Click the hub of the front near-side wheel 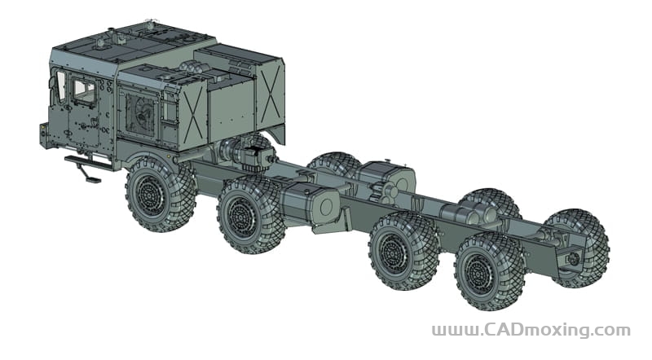[149, 195]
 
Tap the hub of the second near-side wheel [241, 217]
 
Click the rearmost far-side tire [582, 248]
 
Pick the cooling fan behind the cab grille [141, 113]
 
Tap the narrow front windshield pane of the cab [60, 86]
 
